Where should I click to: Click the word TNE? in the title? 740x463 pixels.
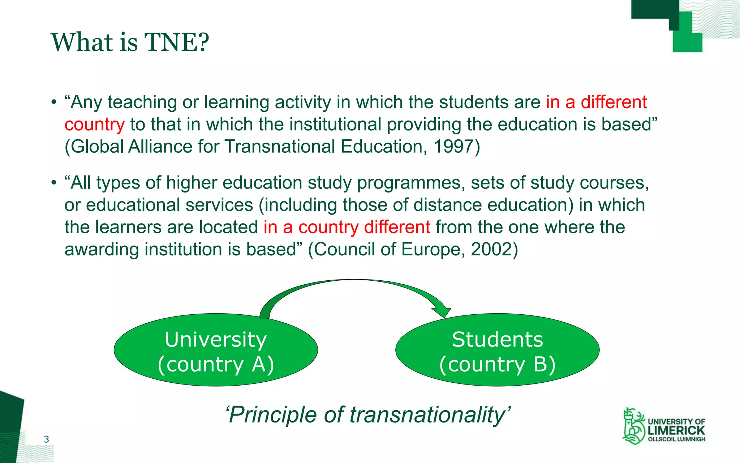[x=177, y=42]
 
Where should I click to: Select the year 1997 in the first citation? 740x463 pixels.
[x=453, y=146]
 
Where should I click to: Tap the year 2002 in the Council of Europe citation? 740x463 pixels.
[x=491, y=249]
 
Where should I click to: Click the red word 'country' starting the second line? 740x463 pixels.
[x=95, y=125]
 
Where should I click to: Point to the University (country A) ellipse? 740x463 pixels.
[x=216, y=350]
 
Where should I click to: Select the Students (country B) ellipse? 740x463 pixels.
[x=497, y=350]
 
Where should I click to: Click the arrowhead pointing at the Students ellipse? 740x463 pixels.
[x=442, y=311]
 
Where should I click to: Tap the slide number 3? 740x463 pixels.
[x=46, y=439]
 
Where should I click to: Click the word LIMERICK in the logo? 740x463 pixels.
[x=676, y=430]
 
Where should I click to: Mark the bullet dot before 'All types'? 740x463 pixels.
[x=54, y=183]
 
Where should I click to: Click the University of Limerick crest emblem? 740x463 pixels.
[x=633, y=426]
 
